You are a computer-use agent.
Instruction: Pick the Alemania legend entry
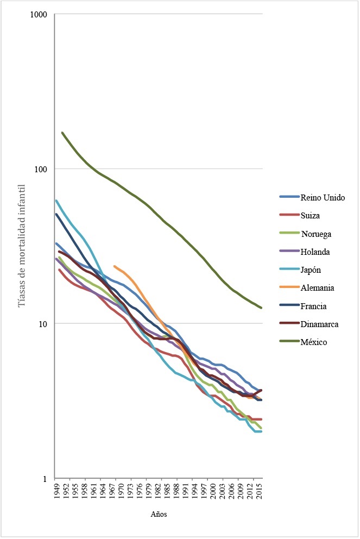[317, 288]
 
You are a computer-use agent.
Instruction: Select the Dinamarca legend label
[319, 324]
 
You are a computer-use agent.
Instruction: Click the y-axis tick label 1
[49, 479]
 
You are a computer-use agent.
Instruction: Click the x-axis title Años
[159, 513]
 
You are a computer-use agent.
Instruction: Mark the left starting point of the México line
[62, 133]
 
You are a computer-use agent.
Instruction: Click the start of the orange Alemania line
[115, 266]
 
